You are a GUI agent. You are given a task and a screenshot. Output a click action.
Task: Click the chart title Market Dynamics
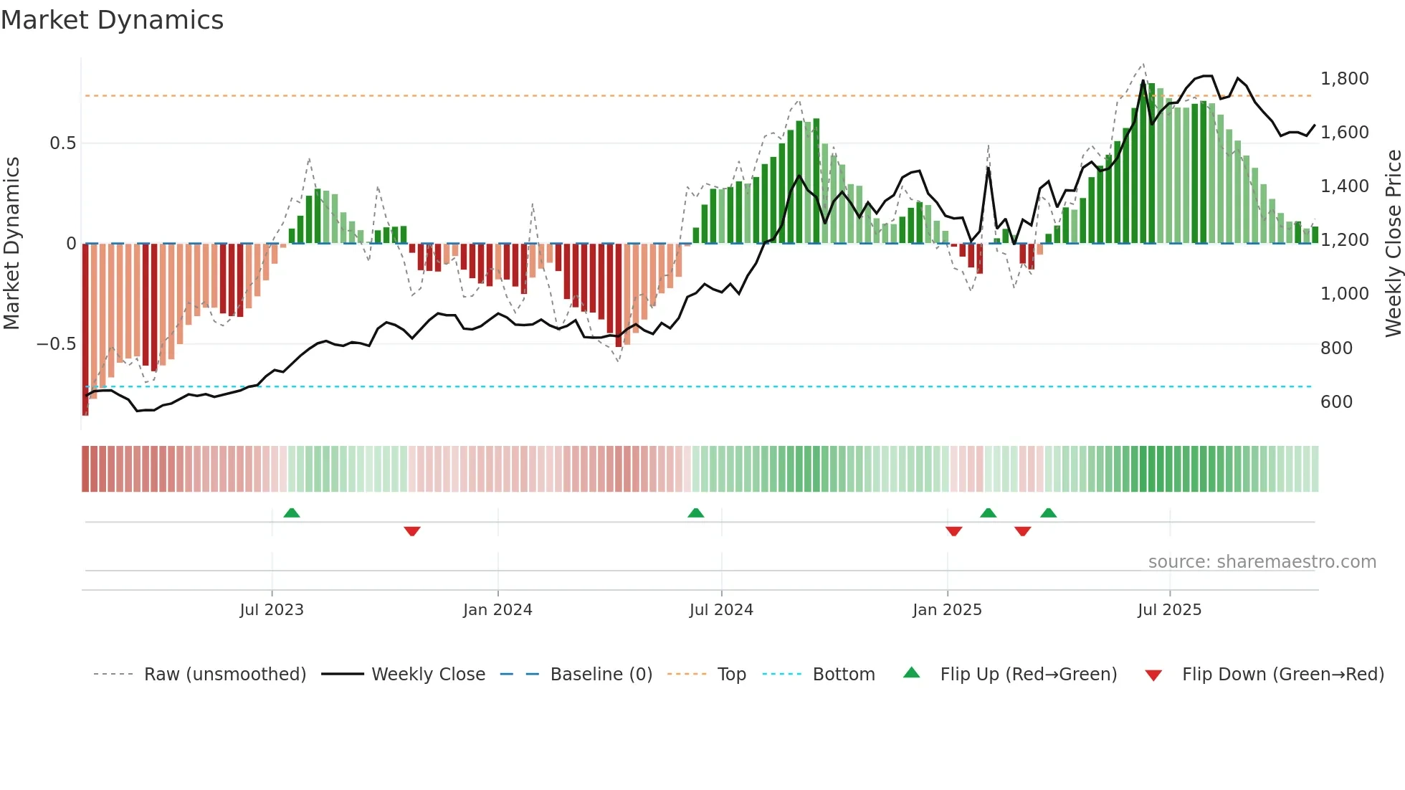(112, 20)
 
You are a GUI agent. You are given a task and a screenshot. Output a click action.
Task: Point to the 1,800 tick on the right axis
(1344, 79)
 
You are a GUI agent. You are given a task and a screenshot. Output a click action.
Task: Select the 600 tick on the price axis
(1336, 402)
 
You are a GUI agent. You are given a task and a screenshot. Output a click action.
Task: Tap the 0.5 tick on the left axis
(62, 143)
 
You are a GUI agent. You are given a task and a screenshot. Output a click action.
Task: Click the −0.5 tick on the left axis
(56, 344)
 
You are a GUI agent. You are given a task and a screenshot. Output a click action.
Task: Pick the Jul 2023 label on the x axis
(272, 610)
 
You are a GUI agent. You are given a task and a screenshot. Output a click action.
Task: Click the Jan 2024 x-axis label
(497, 610)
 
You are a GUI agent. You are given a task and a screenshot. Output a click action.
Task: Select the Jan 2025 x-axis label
(947, 610)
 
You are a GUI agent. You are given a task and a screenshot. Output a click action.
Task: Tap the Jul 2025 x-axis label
(1169, 610)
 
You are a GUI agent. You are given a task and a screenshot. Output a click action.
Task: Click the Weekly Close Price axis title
(1393, 244)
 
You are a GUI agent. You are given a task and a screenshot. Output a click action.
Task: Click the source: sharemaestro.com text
(1262, 562)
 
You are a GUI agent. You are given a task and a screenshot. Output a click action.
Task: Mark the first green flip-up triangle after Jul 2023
(292, 513)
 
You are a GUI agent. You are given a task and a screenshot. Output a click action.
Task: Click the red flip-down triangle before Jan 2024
(412, 531)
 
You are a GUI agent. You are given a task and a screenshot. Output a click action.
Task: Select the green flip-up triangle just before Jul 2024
(695, 513)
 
